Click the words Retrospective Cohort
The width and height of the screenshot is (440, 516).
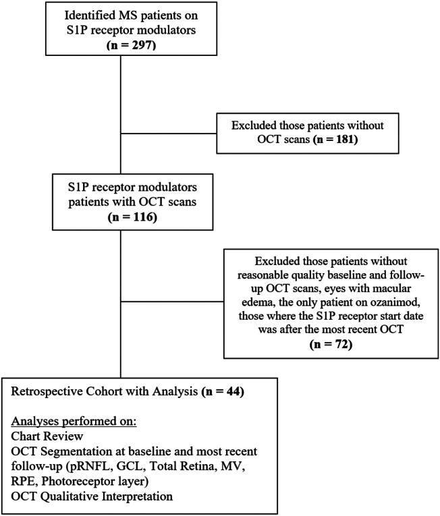coord(67,391)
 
